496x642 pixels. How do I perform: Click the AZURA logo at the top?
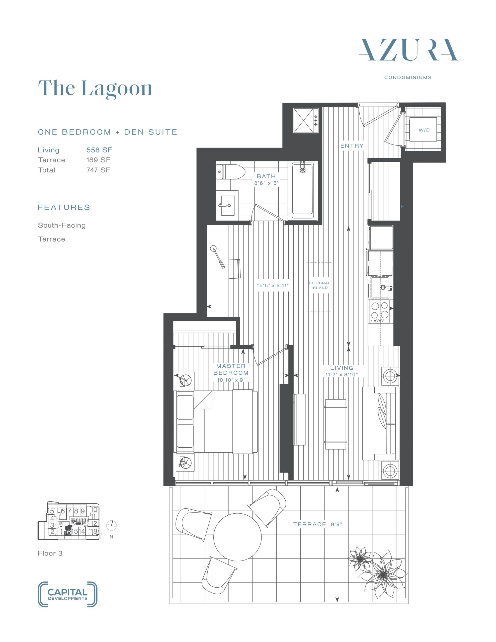(x=408, y=50)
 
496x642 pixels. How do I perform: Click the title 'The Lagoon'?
(x=95, y=89)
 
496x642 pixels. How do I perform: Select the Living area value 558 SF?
(x=99, y=150)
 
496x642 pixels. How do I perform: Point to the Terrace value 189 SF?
(x=99, y=160)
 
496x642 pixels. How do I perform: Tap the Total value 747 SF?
(x=99, y=170)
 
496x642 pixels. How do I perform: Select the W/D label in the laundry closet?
(x=424, y=130)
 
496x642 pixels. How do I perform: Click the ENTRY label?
(x=352, y=145)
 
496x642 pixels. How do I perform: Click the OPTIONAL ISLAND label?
(x=319, y=285)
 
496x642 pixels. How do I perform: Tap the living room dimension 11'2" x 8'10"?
(x=341, y=374)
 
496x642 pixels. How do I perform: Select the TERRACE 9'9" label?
(x=317, y=524)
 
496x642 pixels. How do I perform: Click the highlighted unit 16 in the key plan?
(x=68, y=531)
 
